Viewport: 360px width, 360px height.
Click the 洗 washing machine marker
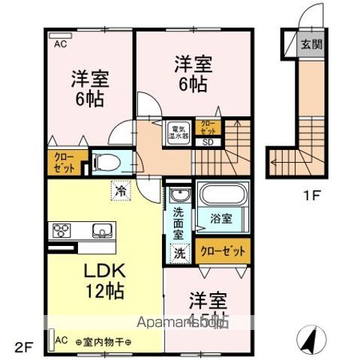coord(181,253)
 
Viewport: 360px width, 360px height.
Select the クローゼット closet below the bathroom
coord(223,251)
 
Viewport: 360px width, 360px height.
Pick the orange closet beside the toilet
coord(64,162)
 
